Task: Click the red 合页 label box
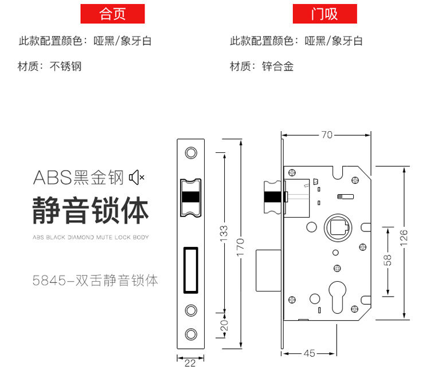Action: click(x=112, y=13)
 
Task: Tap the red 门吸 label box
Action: click(x=325, y=13)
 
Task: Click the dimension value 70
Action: click(x=327, y=135)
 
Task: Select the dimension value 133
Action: click(x=224, y=232)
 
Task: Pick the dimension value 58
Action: click(x=388, y=259)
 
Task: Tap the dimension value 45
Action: click(x=310, y=353)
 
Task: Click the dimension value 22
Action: click(x=190, y=363)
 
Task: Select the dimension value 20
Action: click(x=224, y=325)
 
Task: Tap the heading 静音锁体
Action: click(x=91, y=210)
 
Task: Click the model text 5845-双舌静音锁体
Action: click(x=95, y=281)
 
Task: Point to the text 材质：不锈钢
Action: click(x=50, y=66)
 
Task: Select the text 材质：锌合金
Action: click(x=262, y=66)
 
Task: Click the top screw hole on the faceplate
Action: click(x=190, y=153)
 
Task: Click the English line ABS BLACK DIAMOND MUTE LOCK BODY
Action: click(x=91, y=237)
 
